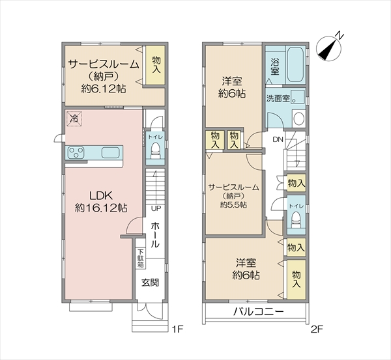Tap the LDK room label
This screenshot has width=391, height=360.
[x=101, y=195]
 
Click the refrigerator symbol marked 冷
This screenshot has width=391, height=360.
[x=74, y=118]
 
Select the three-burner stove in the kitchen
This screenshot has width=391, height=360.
[x=76, y=152]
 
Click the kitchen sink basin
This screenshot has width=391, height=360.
[x=111, y=152]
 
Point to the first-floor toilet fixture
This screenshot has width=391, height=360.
[x=155, y=151]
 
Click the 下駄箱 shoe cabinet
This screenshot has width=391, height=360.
[x=141, y=258]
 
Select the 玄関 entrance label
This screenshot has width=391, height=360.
[x=150, y=283]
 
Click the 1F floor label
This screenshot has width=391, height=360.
[x=178, y=329]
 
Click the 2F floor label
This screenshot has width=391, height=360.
[x=317, y=329]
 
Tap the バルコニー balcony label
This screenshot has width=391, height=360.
[x=258, y=312]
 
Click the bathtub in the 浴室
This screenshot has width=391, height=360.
[x=295, y=64]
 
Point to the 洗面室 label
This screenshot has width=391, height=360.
[x=278, y=99]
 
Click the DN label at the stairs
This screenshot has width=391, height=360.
[x=278, y=139]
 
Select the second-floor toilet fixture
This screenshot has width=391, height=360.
[x=297, y=220]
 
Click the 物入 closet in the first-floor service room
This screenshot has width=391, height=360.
[x=155, y=65]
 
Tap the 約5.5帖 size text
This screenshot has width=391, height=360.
[x=234, y=205]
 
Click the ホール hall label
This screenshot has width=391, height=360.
[x=155, y=235]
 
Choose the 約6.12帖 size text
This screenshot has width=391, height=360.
[x=103, y=89]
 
